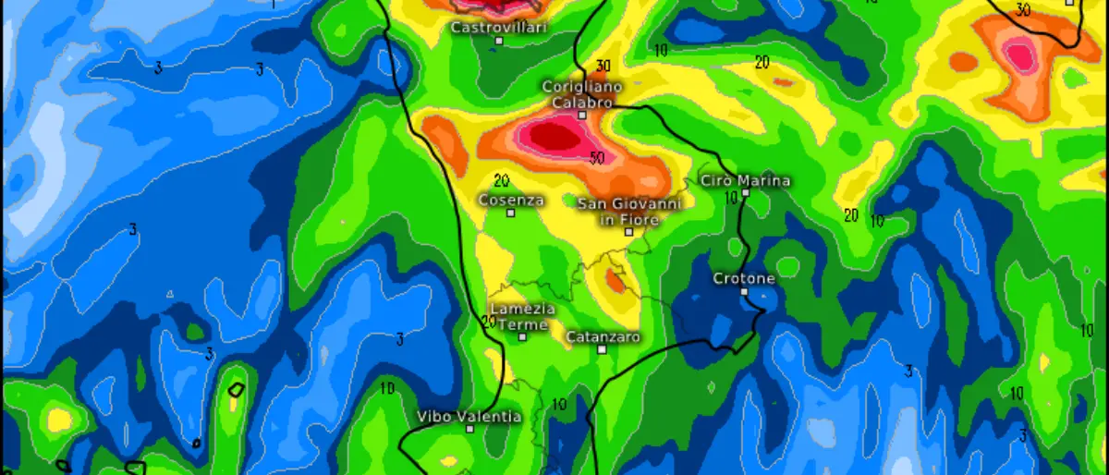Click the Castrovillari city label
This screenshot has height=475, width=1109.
(499, 28)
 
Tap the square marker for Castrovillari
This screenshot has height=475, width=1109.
(499, 41)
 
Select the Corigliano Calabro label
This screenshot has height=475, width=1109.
(582, 94)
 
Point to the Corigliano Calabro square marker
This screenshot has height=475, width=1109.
(582, 116)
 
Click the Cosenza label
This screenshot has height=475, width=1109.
(511, 199)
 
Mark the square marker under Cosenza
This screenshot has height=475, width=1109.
(510, 213)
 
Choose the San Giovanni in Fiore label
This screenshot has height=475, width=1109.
(629, 212)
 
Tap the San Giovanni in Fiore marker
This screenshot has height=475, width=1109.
(628, 232)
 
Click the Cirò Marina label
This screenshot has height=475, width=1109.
(746, 180)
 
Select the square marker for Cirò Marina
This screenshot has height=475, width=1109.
(745, 193)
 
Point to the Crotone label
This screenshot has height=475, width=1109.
(744, 278)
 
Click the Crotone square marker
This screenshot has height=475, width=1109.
(744, 291)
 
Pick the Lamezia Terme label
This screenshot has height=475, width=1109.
(523, 316)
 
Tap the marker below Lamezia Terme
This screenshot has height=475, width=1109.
(522, 337)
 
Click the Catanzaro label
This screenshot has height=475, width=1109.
(603, 336)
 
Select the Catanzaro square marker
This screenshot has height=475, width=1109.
(602, 349)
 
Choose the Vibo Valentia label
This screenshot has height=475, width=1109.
(469, 416)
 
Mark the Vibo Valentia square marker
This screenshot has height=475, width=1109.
(469, 429)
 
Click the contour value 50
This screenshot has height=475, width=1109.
(597, 158)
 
